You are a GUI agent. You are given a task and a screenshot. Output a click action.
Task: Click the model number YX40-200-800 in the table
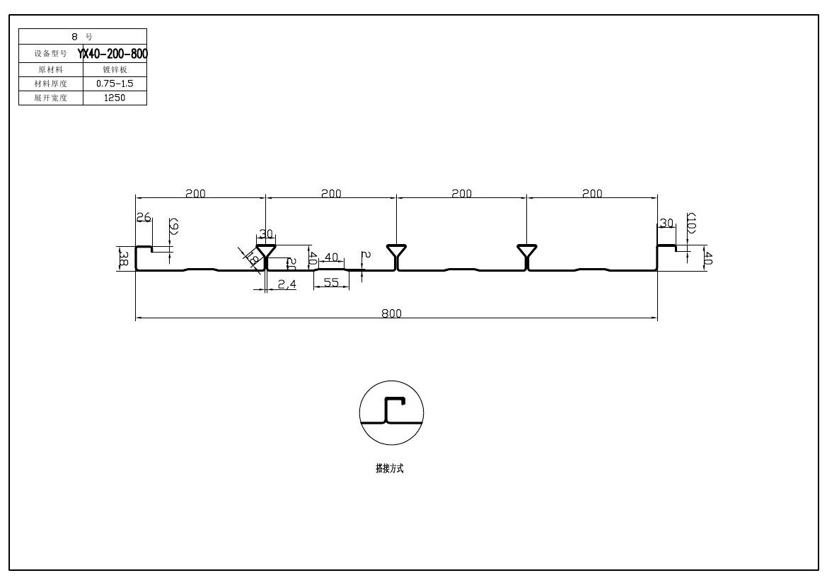[x=113, y=53]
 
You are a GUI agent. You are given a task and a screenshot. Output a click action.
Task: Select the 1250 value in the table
[x=114, y=98]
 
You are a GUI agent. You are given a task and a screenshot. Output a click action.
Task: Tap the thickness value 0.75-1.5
[x=114, y=83]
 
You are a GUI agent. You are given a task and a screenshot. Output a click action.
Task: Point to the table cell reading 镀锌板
[x=114, y=69]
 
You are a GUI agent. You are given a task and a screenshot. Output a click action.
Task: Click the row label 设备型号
[x=50, y=53]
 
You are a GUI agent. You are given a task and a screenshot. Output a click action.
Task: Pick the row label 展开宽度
[x=50, y=98]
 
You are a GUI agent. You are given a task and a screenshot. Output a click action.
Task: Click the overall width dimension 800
[x=391, y=313]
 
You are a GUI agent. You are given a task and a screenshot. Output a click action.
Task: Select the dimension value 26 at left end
[x=144, y=218]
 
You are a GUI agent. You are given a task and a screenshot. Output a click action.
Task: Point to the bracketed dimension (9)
[x=173, y=226]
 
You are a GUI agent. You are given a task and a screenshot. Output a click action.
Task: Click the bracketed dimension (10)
[x=692, y=223]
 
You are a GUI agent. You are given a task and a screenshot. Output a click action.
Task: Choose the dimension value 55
[x=331, y=282]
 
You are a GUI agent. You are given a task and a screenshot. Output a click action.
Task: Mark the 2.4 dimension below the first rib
[x=286, y=284]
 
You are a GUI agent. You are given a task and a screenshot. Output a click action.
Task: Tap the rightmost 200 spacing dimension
[x=592, y=193]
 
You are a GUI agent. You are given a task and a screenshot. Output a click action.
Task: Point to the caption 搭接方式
[x=389, y=468]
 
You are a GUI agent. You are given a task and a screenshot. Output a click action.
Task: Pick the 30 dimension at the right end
[x=666, y=223]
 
